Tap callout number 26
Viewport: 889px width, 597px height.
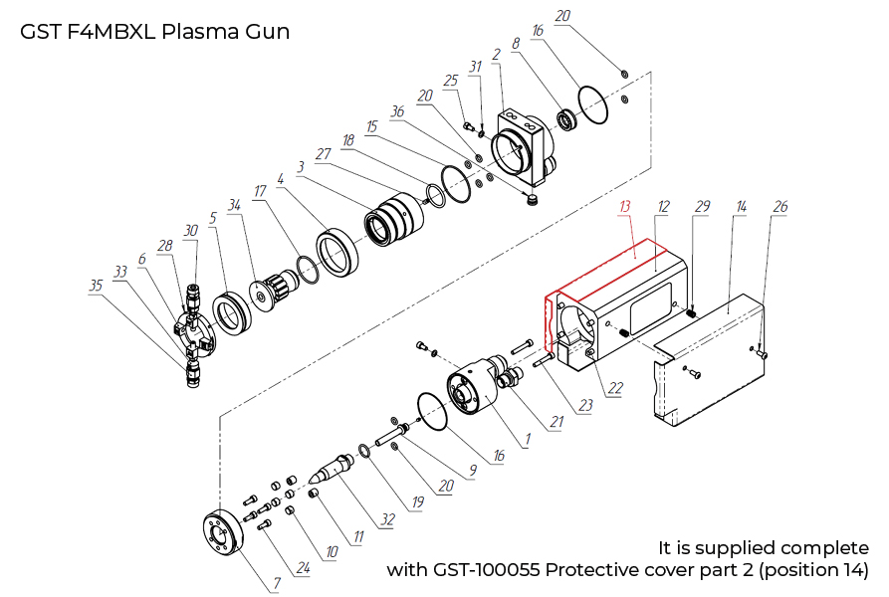pos(780,207)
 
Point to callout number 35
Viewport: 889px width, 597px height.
pos(96,284)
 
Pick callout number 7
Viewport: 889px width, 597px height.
pos(276,583)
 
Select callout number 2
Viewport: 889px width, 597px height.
pos(496,53)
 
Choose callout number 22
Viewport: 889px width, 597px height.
pos(616,387)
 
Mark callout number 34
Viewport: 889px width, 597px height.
pos(235,206)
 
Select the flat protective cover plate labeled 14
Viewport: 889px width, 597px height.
pos(707,368)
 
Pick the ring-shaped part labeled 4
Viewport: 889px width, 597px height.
pos(339,253)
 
